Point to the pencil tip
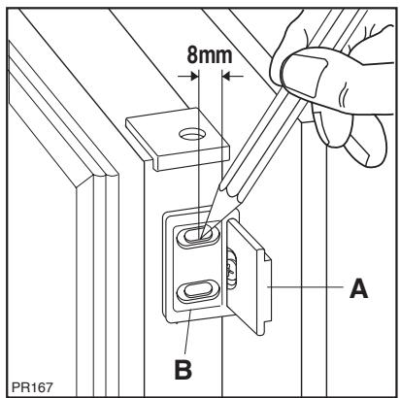coord(207,232)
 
